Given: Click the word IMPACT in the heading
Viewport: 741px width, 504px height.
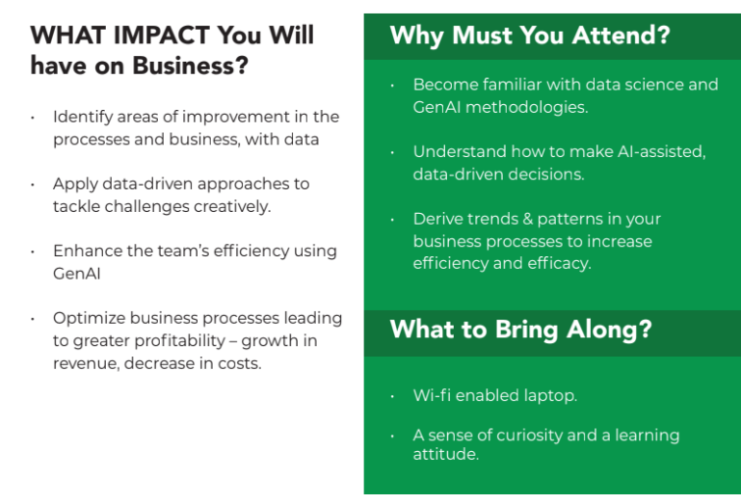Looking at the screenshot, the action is [x=162, y=35].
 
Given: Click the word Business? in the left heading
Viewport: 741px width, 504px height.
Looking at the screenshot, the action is [x=190, y=66].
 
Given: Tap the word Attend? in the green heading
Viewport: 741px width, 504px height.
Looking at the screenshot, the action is [x=621, y=35].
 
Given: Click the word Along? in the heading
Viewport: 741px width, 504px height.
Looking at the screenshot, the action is [x=609, y=330].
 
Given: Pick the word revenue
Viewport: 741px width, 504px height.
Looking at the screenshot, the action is [x=86, y=364].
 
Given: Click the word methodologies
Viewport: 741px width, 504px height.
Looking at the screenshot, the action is [x=526, y=108].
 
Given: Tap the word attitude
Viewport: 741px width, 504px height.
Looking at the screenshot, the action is [x=445, y=454].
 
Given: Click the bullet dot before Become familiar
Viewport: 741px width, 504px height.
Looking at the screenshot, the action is [x=392, y=86].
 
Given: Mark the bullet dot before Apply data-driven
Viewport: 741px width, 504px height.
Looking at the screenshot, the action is [x=32, y=185].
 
